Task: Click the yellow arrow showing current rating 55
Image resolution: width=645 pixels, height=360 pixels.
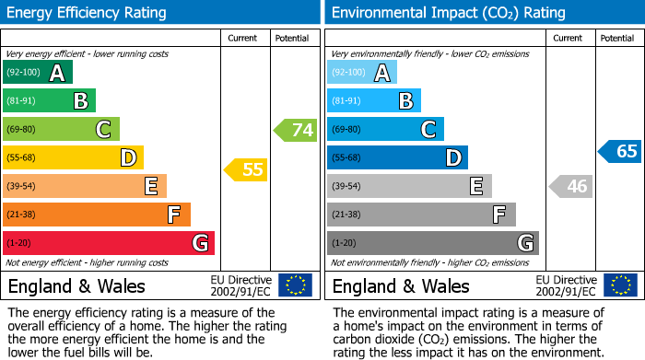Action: tap(245, 169)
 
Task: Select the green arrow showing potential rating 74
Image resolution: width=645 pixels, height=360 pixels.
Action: tap(295, 130)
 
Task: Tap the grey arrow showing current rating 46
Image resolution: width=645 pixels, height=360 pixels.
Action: tap(569, 187)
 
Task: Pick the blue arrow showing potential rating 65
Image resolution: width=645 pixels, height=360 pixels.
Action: tap(619, 152)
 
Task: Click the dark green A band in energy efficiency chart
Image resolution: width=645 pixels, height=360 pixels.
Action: tap(38, 73)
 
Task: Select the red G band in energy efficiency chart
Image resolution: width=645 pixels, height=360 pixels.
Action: tap(109, 243)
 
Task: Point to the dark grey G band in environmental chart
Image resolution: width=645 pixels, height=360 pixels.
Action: tap(432, 243)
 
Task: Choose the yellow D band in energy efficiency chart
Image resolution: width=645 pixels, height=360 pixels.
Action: tap(74, 158)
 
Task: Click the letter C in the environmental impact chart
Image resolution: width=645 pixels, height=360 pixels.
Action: tap(428, 130)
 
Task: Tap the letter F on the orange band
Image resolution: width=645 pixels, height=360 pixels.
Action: tap(173, 215)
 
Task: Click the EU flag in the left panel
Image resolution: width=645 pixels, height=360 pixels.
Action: tap(295, 285)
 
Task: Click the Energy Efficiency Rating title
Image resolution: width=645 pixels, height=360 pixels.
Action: tap(88, 13)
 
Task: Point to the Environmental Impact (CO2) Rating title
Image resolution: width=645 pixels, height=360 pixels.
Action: tap(448, 13)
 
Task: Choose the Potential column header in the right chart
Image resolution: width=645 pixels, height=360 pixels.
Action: tap(617, 38)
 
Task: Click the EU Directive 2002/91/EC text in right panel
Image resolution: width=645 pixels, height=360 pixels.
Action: tap(566, 285)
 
